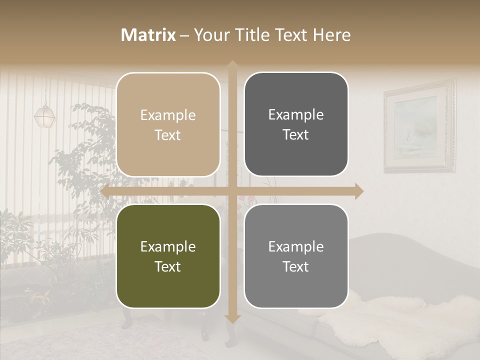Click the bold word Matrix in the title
click(x=148, y=35)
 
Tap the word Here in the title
click(x=331, y=35)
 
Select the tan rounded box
click(x=168, y=124)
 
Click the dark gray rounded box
click(x=296, y=124)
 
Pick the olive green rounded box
click(x=168, y=256)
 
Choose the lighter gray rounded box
click(x=296, y=256)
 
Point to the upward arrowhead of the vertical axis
click(x=232, y=65)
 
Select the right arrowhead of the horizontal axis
click(x=359, y=191)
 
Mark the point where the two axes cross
click(x=232, y=191)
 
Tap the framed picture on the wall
click(x=419, y=126)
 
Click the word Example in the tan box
click(x=168, y=115)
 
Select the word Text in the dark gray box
click(x=296, y=135)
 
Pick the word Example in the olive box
click(x=168, y=246)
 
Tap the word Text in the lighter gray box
click(x=296, y=266)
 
